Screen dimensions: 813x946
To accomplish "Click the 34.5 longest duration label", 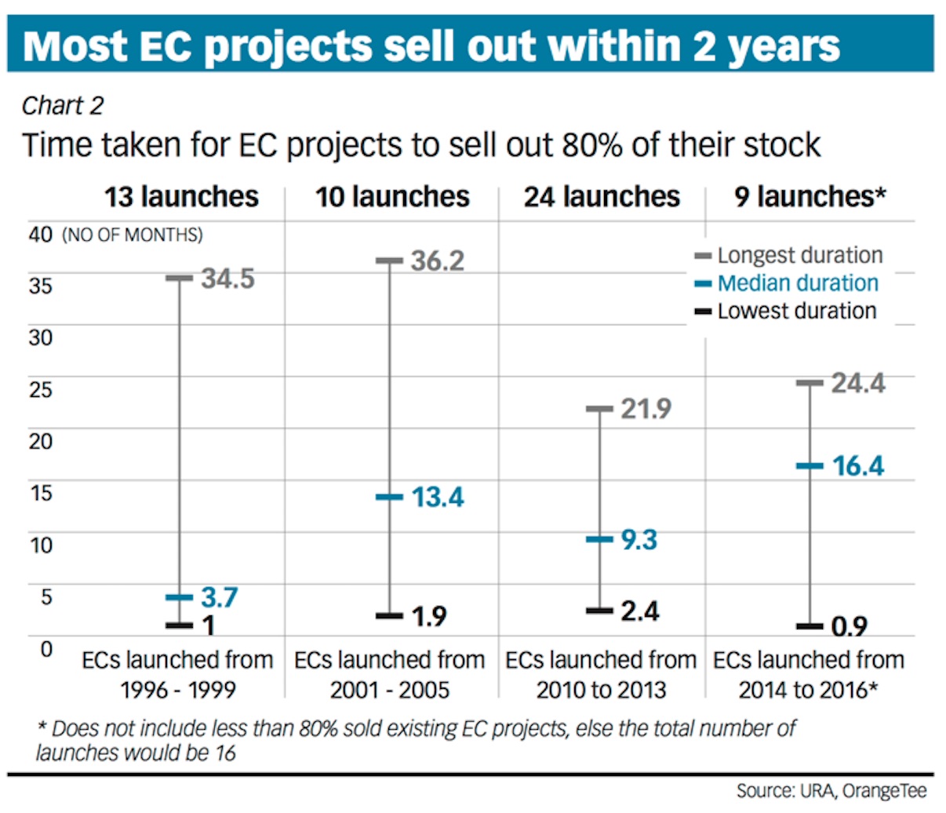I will tap(227, 279).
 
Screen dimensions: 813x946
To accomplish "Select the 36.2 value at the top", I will tap(437, 261).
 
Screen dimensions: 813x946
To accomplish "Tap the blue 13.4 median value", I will tap(437, 498).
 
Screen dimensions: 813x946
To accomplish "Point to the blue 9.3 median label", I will tap(639, 540).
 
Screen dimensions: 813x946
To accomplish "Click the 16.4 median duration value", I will tap(857, 466).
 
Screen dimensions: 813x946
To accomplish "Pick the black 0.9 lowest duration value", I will tap(849, 627).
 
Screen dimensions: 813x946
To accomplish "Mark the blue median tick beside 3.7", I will tap(179, 598).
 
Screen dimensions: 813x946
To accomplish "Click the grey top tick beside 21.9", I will tap(599, 409).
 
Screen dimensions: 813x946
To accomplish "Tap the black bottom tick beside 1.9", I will tap(389, 616).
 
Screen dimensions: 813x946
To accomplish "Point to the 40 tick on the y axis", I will tap(40, 235).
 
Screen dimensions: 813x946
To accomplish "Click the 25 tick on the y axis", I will tap(40, 389).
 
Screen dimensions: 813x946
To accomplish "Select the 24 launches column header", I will tap(602, 197).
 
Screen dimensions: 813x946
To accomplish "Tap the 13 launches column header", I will tap(181, 197).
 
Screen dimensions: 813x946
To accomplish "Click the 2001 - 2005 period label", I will tap(389, 691).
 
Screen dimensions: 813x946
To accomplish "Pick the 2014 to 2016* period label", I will tap(808, 691).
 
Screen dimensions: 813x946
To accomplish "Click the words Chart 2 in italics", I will tap(63, 106).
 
